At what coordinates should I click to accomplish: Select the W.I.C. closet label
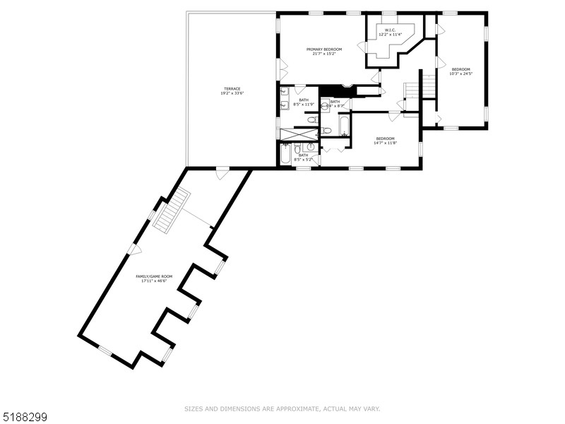(x=390, y=30)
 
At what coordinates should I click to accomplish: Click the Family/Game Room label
(x=154, y=276)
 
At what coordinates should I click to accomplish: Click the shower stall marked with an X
(x=299, y=134)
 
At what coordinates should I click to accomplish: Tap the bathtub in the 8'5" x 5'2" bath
(x=285, y=154)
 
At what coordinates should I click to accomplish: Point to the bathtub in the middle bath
(x=343, y=126)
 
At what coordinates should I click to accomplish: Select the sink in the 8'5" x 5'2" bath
(x=309, y=148)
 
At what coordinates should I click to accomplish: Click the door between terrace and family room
(x=222, y=172)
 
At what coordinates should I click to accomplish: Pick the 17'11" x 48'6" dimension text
(x=154, y=281)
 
